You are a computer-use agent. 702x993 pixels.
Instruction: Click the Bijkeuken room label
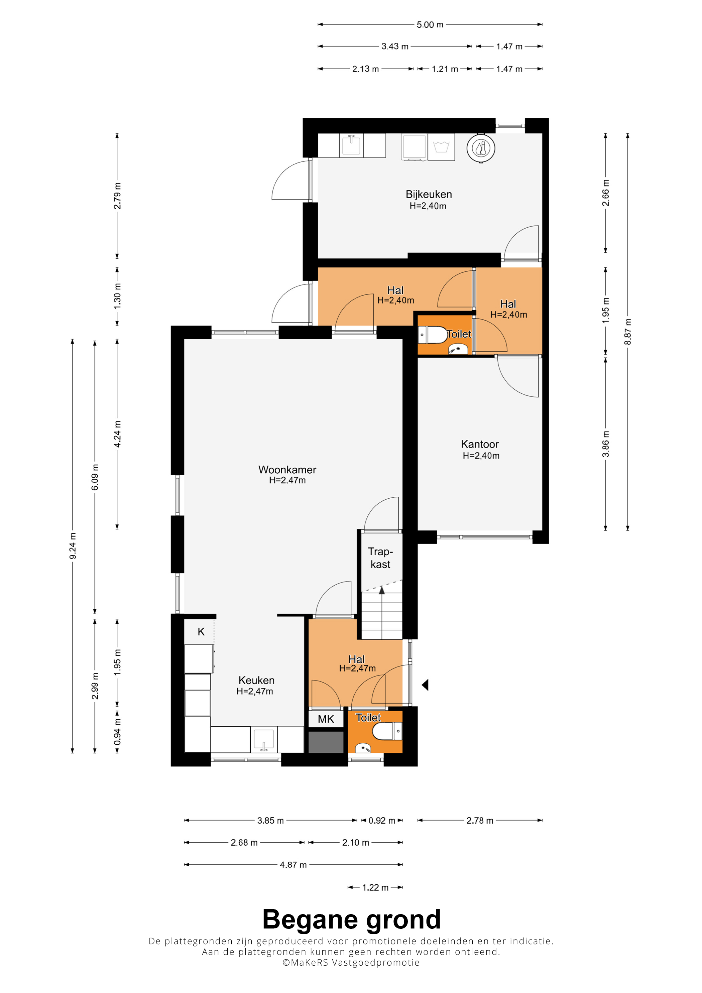(429, 195)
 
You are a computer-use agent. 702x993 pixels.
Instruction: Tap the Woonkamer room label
(287, 470)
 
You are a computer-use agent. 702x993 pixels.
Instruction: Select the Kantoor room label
(480, 444)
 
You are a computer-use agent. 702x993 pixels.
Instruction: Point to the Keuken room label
(256, 680)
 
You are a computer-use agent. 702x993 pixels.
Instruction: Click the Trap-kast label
(380, 558)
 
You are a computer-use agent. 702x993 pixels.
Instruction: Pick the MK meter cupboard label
(326, 719)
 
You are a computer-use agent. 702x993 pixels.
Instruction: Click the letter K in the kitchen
(201, 632)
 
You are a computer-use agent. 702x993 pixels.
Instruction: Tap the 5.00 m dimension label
(430, 25)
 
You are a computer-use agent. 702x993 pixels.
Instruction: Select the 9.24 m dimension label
(73, 546)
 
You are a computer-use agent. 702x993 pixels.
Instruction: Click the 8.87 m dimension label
(627, 332)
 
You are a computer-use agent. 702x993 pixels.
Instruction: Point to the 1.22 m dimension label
(375, 887)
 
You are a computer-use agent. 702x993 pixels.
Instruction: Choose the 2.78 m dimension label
(480, 821)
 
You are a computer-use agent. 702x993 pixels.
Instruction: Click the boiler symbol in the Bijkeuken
(481, 148)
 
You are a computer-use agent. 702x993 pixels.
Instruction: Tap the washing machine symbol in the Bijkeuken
(441, 147)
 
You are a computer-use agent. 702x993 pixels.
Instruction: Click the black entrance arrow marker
(425, 685)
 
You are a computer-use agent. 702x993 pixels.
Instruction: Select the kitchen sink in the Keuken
(264, 740)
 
